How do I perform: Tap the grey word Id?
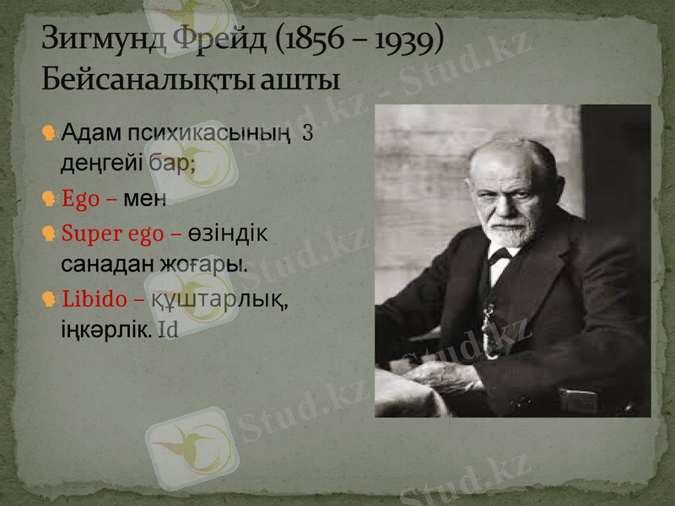(168, 330)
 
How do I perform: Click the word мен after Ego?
(145, 199)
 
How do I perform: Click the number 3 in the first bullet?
(307, 133)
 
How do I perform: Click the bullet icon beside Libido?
(50, 298)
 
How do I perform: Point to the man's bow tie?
(501, 255)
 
